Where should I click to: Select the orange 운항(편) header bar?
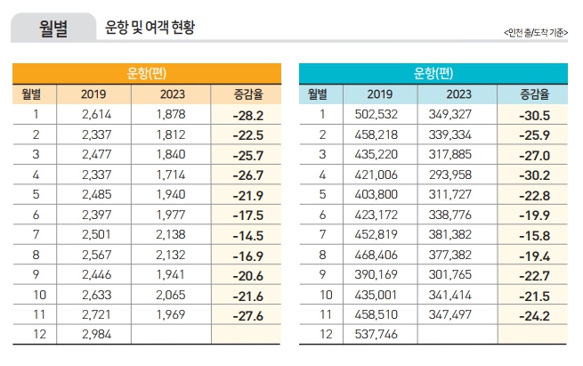(x=146, y=73)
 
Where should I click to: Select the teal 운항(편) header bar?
(x=433, y=73)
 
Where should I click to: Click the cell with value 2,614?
(x=93, y=114)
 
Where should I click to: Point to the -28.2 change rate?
(x=245, y=115)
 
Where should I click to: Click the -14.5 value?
(x=245, y=234)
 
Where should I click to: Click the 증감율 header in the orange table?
(x=245, y=94)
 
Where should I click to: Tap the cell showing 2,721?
(x=93, y=314)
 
